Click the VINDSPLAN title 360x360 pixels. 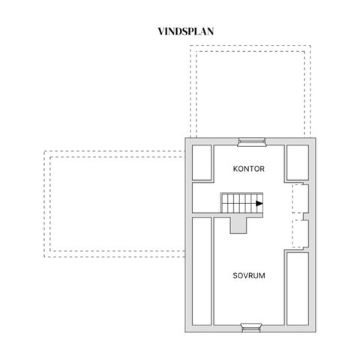tap(186, 31)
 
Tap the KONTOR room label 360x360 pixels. tap(249, 169)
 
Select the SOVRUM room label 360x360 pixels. tap(249, 276)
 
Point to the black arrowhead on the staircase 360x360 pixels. tap(259, 203)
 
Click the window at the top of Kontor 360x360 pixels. tap(251, 142)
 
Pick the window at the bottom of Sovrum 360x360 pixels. tap(251, 327)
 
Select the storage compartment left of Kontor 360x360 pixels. tap(202, 163)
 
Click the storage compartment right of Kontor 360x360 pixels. tap(298, 163)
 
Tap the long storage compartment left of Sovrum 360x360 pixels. tap(202, 271)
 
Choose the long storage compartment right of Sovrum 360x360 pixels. tap(298, 289)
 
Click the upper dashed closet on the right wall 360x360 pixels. tap(300, 199)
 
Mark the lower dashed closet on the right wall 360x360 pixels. tap(300, 234)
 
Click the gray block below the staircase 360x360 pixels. tap(238, 224)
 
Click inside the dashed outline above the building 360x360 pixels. tap(250, 91)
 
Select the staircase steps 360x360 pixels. tap(241, 202)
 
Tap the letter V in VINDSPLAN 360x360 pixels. tap(161, 31)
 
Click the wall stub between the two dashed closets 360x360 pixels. tap(305, 217)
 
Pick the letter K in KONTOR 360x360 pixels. tap(235, 169)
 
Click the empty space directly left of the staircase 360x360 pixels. tap(206, 198)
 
